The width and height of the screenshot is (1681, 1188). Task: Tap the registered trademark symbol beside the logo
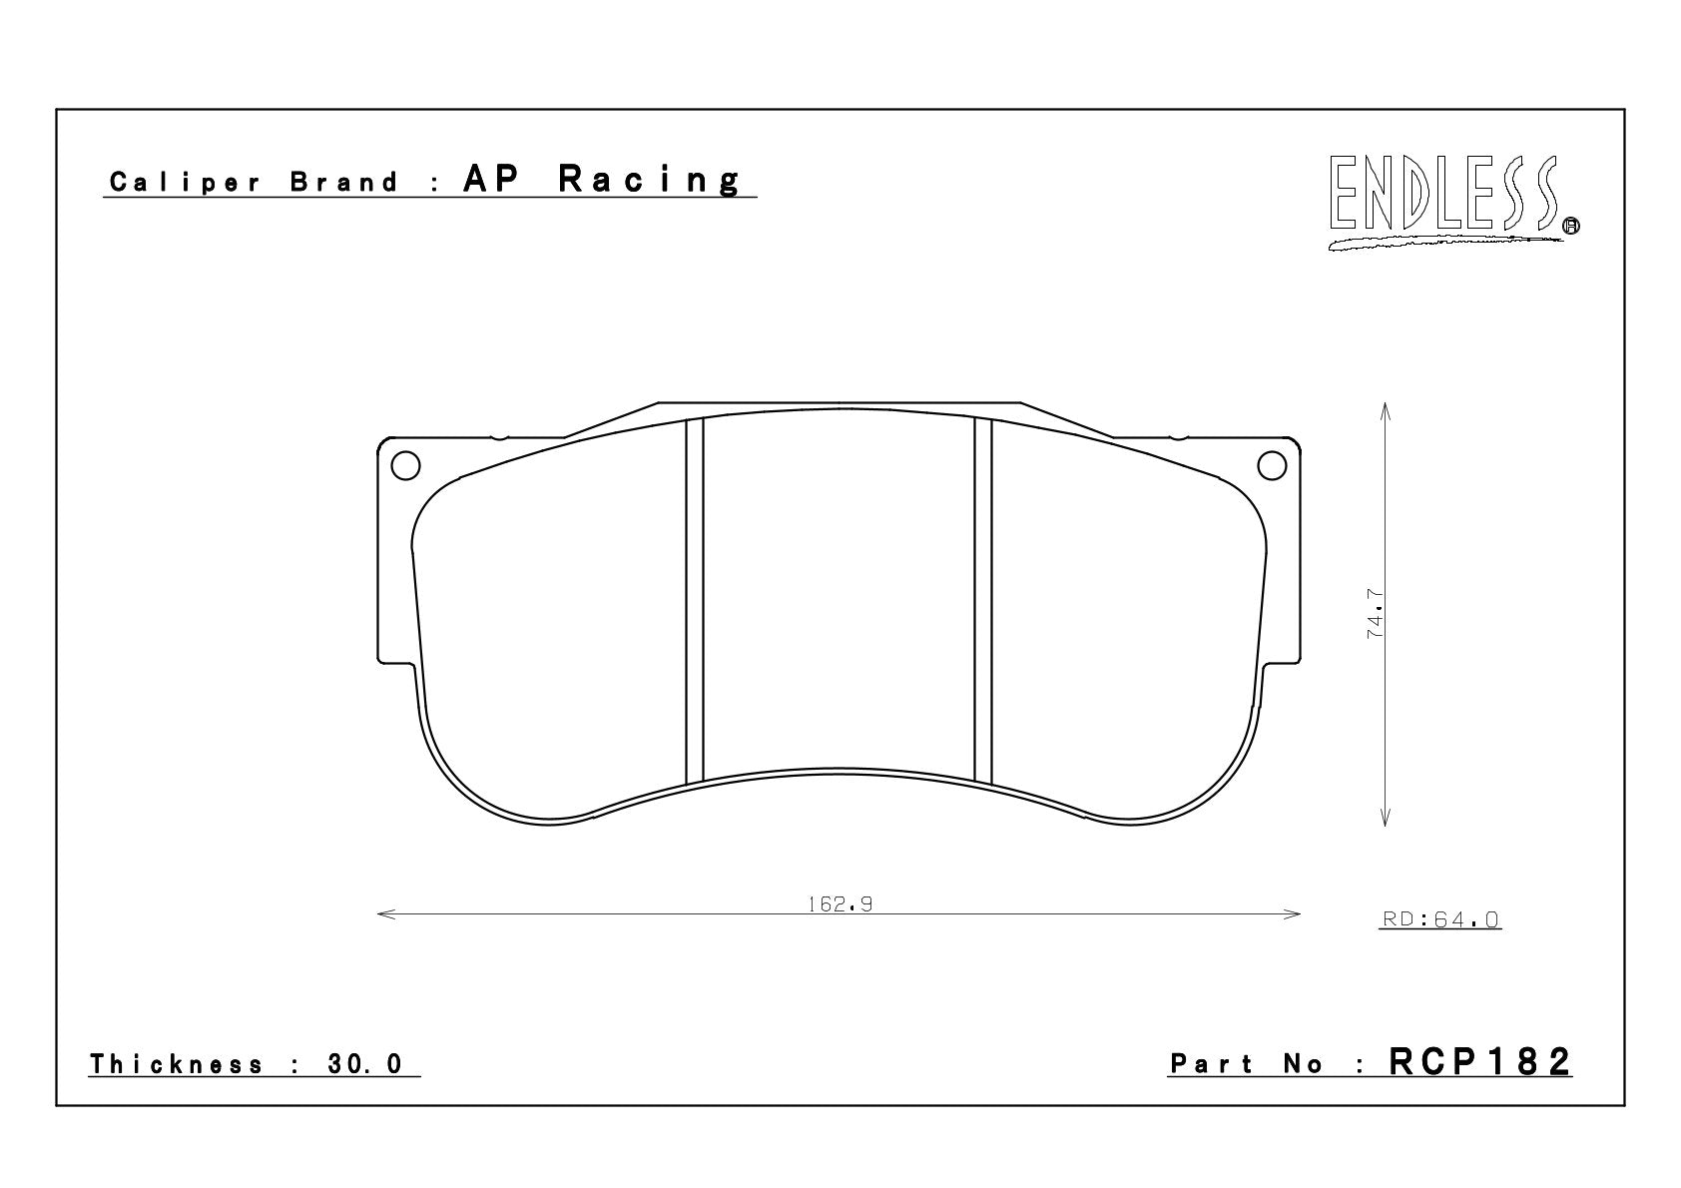pos(1571,226)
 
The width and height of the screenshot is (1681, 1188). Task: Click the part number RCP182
pos(1479,1062)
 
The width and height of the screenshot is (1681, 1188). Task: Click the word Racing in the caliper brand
pos(650,180)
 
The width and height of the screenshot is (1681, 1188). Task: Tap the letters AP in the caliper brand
pos(491,179)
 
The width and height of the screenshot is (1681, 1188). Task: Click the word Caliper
pos(186,183)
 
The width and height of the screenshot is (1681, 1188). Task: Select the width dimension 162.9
pos(840,904)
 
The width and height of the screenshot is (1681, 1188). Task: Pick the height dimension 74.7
pos(1375,614)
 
